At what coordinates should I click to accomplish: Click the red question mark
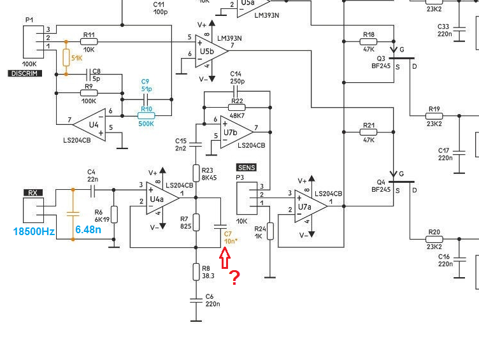click(234, 278)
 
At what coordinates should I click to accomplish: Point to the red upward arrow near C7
click(224, 258)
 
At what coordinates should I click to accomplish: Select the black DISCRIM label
click(25, 73)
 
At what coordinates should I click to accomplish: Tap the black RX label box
click(33, 193)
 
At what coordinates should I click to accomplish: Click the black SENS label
click(247, 168)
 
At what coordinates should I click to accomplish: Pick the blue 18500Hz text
click(34, 231)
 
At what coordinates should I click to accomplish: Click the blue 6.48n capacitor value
click(88, 229)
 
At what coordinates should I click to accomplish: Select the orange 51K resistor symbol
click(66, 57)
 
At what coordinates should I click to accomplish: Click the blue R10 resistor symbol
click(147, 115)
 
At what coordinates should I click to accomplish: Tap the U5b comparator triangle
click(211, 52)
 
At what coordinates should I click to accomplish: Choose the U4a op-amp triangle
click(161, 198)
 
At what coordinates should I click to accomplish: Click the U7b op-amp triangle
click(236, 133)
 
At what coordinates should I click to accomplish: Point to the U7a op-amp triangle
click(310, 206)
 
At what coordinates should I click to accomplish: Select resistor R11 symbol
click(89, 41)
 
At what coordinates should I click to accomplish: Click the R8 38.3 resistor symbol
click(196, 271)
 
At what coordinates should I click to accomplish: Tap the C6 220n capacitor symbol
click(196, 301)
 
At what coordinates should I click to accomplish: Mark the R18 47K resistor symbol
click(368, 41)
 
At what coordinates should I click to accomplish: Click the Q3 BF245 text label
click(381, 62)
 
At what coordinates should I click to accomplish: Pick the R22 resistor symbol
click(237, 107)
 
